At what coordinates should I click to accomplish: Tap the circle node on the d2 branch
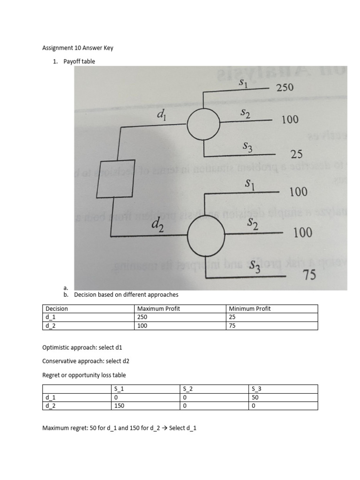(206, 236)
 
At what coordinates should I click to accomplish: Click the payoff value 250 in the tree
(285, 87)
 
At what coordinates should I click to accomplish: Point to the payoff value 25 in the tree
(296, 154)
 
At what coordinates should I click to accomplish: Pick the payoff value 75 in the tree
(308, 275)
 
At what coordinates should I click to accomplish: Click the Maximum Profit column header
(158, 308)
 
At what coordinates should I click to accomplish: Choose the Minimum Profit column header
(250, 308)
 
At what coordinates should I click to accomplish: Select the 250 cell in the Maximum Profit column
(142, 317)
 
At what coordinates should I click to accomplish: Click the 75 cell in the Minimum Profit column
(232, 325)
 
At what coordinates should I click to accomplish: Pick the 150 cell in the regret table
(120, 406)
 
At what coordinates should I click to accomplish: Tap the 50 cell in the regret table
(255, 397)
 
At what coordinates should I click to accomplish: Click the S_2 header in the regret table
(188, 389)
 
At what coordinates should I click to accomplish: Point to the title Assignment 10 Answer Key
(78, 48)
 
